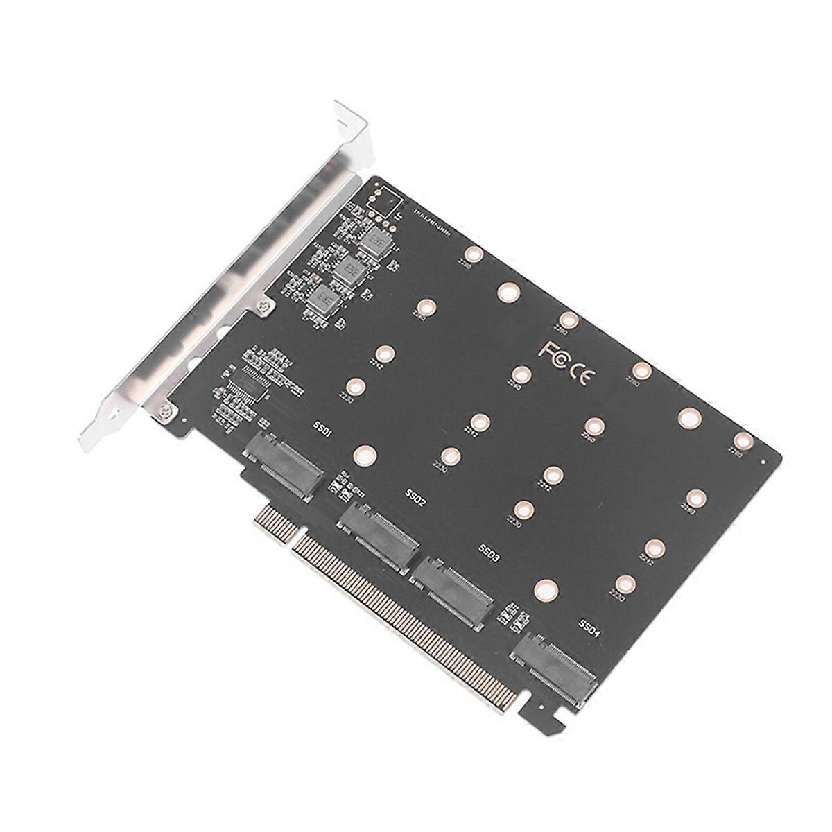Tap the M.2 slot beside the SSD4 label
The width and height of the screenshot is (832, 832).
tap(554, 666)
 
